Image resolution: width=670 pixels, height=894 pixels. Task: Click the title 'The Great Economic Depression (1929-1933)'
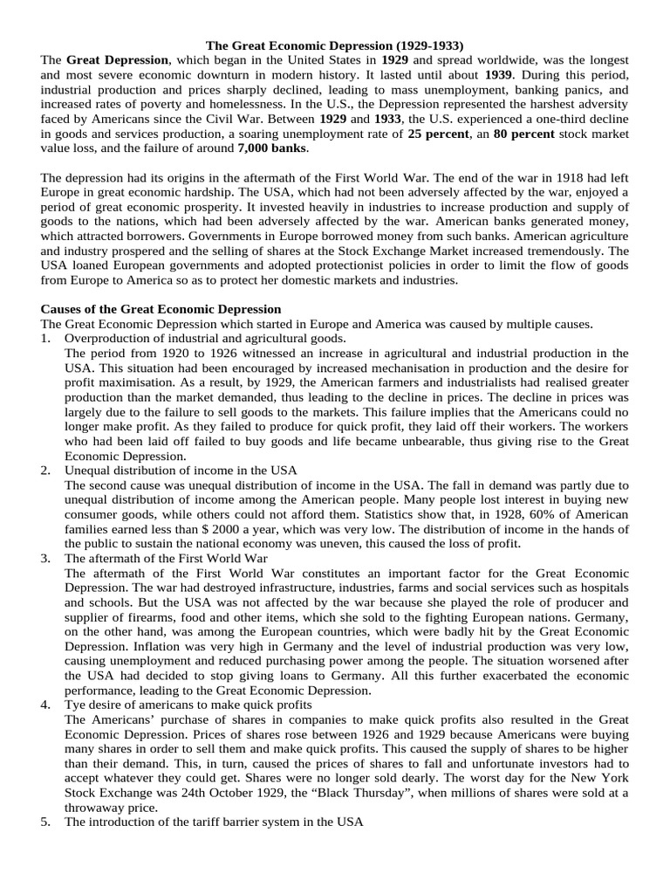(x=335, y=44)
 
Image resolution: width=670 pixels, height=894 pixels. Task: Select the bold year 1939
(x=500, y=75)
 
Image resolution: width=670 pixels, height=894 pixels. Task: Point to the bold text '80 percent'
(x=524, y=134)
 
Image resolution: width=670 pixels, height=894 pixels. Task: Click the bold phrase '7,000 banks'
(x=272, y=148)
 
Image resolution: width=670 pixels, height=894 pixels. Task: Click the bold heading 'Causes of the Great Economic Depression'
(x=161, y=309)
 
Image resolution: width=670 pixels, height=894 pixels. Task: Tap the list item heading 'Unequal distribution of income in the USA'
(x=181, y=470)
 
